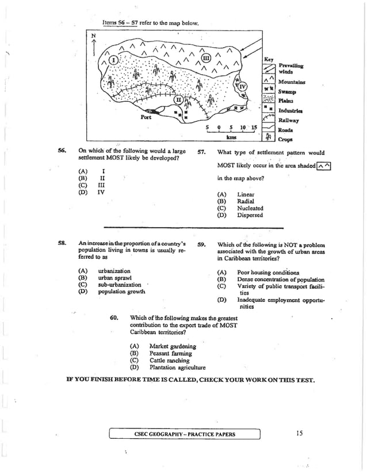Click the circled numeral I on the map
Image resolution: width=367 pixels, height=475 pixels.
click(x=114, y=60)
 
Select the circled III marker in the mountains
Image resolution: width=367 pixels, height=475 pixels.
click(x=207, y=56)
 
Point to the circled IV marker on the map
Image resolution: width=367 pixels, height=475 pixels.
click(x=242, y=87)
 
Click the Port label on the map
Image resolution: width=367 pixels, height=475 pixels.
click(x=146, y=117)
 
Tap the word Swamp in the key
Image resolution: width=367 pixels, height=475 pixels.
click(x=287, y=91)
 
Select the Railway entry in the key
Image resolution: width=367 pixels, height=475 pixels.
click(x=288, y=120)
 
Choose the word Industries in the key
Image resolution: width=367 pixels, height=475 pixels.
click(x=290, y=110)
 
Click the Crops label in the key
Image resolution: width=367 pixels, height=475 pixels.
click(x=285, y=139)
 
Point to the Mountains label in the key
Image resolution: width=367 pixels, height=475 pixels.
click(x=292, y=82)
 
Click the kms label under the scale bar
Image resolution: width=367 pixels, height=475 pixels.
click(x=232, y=137)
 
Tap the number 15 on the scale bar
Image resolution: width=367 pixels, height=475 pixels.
click(x=253, y=127)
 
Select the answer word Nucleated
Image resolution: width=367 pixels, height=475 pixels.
click(x=250, y=209)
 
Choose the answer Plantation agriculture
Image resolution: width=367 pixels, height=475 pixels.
click(x=177, y=367)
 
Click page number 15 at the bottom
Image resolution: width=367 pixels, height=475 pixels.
click(x=300, y=433)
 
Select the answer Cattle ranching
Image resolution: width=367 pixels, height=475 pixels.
click(x=169, y=361)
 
